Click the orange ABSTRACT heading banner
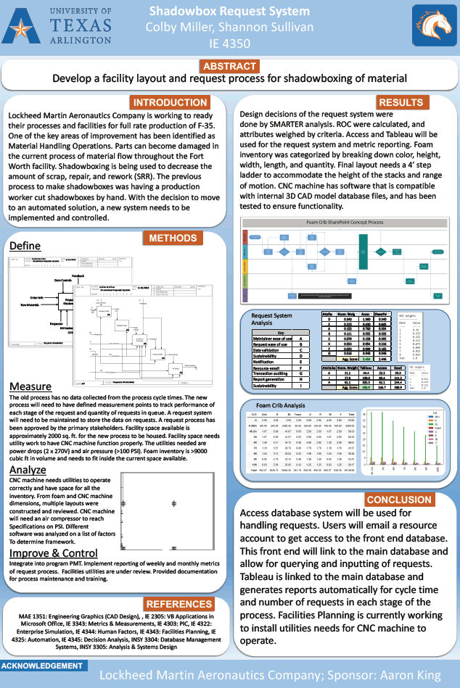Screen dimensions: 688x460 [x=229, y=67]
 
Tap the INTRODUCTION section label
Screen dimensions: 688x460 [x=171, y=102]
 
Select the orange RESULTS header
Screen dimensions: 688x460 [x=401, y=102]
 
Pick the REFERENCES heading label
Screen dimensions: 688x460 [x=178, y=605]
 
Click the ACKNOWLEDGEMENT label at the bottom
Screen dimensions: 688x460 [x=41, y=666]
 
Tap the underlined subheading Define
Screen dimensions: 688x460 [x=25, y=246]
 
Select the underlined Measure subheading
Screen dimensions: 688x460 [x=31, y=386]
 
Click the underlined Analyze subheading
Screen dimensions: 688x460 [x=29, y=470]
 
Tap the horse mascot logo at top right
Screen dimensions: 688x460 [x=433, y=26]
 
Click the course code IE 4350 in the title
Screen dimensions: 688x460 [x=229, y=43]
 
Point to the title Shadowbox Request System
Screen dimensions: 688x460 [x=229, y=12]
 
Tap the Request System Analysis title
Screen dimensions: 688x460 [x=272, y=320]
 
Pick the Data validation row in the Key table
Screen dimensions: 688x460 [x=274, y=349]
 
